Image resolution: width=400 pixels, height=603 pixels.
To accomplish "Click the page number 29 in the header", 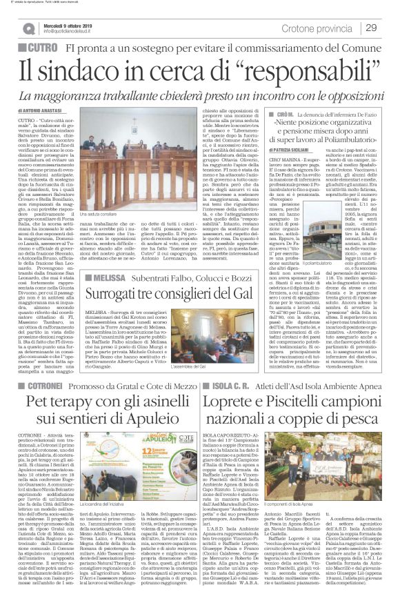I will coord(370,28).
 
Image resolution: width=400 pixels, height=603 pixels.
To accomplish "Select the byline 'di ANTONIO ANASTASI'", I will coord(49,110).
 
